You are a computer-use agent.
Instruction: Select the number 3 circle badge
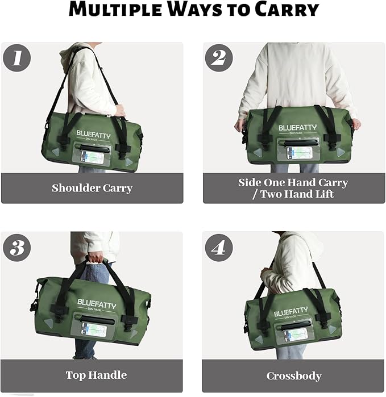[x=17, y=248]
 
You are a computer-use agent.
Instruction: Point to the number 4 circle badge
[x=219, y=248]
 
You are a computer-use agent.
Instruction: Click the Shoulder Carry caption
[x=92, y=188]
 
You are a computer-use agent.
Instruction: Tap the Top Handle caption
[x=96, y=375]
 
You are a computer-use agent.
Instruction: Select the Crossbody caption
[x=294, y=376]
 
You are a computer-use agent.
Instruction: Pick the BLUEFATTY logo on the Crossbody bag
[x=290, y=312]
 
